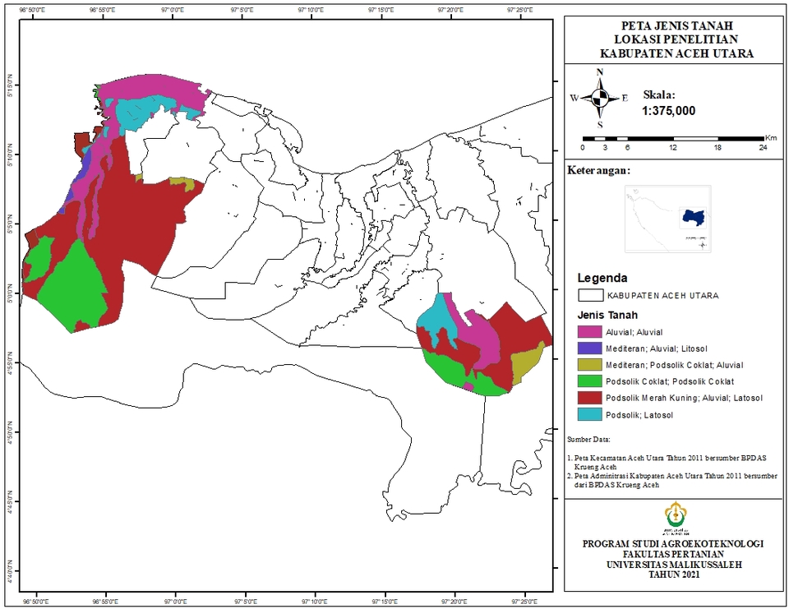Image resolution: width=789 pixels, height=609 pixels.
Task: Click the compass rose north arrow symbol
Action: (x=600, y=98)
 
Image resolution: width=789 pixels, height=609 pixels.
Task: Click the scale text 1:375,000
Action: (x=668, y=111)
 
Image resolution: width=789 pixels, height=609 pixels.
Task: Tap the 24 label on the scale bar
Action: (x=763, y=148)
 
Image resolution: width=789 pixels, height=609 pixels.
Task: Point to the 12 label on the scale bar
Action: (x=673, y=148)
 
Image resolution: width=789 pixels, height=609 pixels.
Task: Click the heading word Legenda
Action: (x=602, y=277)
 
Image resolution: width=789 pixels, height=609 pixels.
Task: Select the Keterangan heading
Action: (x=598, y=171)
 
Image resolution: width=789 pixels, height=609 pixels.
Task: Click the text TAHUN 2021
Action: (x=673, y=575)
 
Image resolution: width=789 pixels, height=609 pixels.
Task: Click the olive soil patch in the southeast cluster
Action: (x=526, y=363)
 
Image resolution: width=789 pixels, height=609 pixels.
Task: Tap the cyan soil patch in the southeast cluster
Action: (x=436, y=316)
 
